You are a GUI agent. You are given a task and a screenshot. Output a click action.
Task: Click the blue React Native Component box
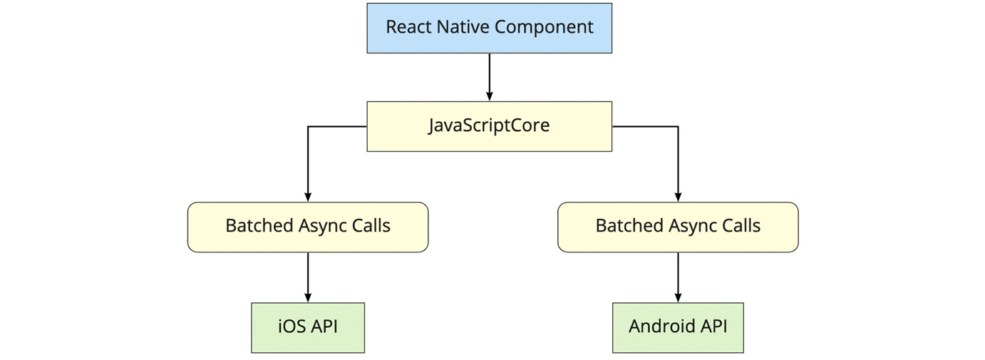(489, 28)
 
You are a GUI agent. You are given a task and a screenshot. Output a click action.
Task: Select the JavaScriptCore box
(489, 126)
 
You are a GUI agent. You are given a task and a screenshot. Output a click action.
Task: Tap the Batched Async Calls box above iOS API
(308, 227)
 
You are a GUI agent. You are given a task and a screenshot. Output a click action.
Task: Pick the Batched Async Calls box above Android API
(678, 227)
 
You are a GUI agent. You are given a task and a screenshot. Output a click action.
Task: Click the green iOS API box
(308, 327)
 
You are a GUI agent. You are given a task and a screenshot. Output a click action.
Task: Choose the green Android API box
(678, 327)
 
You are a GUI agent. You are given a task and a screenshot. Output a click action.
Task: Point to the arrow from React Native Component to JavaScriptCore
(489, 77)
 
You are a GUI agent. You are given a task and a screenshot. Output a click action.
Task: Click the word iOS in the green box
(292, 327)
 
